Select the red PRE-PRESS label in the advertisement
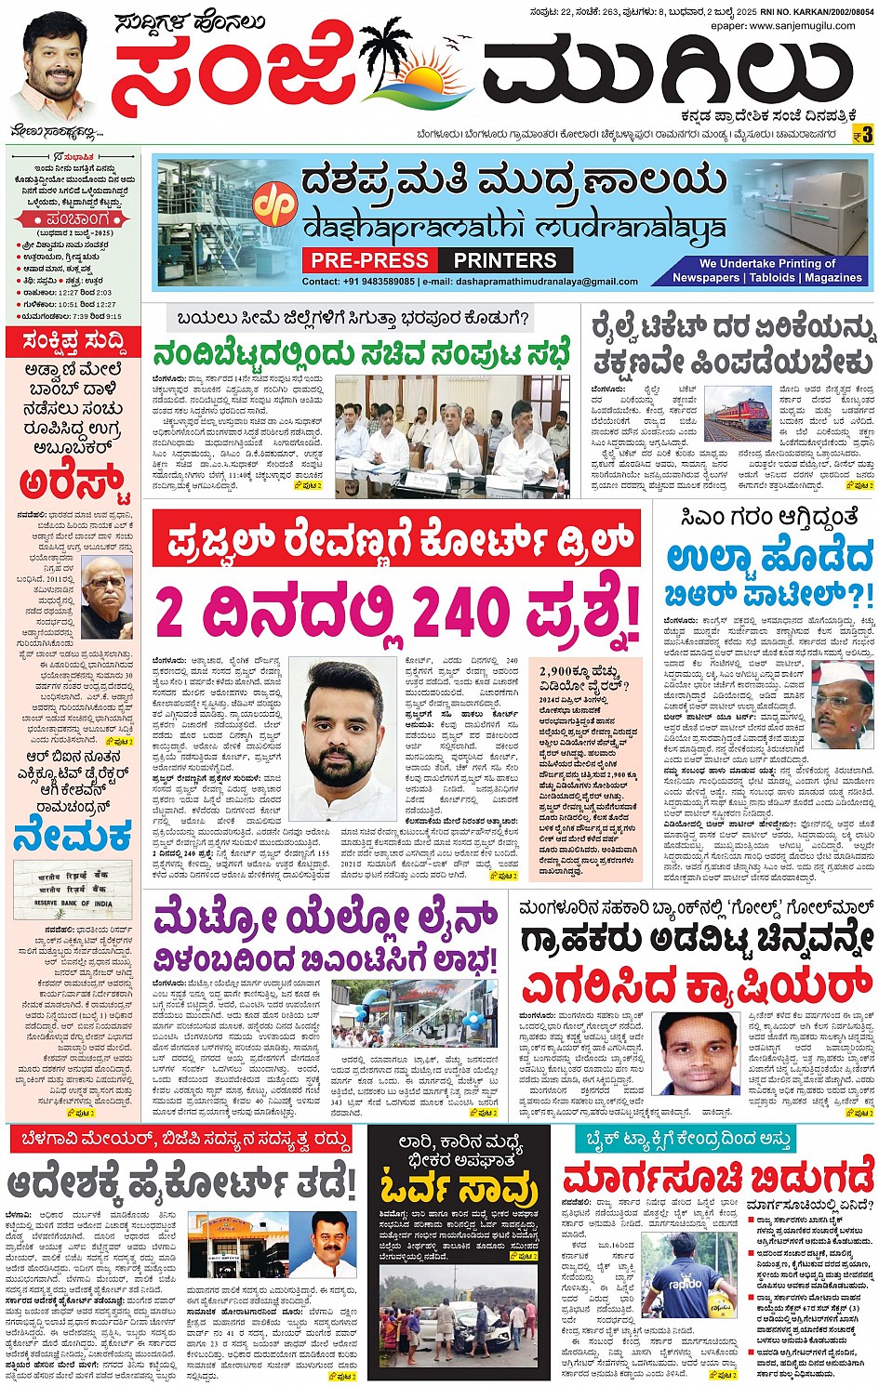369,260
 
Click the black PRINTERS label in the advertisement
505,260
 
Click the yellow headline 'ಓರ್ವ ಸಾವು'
459,1188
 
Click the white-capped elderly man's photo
841,706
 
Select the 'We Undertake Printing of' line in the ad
767,263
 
